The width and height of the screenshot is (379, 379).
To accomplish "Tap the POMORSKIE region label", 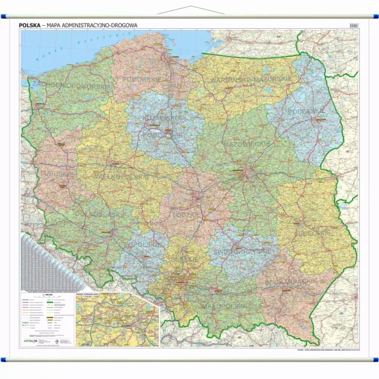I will [x=142, y=79].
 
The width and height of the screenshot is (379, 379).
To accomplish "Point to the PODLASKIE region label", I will [x=306, y=111].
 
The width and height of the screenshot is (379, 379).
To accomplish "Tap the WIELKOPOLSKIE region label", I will [x=121, y=177].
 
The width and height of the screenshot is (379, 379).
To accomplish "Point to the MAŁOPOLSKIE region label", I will [x=225, y=306].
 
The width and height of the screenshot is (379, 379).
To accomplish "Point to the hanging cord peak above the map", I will [x=189, y=7].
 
